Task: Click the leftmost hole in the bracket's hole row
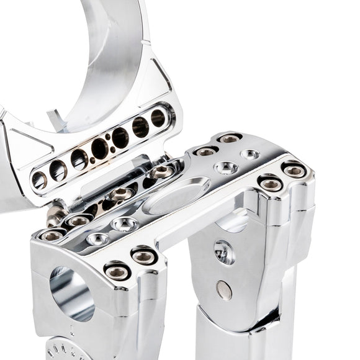click(39, 181)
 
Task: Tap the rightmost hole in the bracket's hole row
click(158, 118)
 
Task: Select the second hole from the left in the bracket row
click(58, 170)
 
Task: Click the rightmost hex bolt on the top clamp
click(294, 170)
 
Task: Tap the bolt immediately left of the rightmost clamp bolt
click(271, 183)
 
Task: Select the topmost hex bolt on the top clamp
click(230, 138)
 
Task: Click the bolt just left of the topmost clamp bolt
click(205, 151)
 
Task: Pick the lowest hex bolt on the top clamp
click(118, 271)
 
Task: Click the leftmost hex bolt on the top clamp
click(52, 235)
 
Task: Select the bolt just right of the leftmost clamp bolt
click(79, 220)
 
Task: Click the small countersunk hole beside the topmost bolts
click(250, 153)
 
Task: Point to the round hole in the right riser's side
click(224, 251)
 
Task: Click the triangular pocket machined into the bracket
click(21, 143)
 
